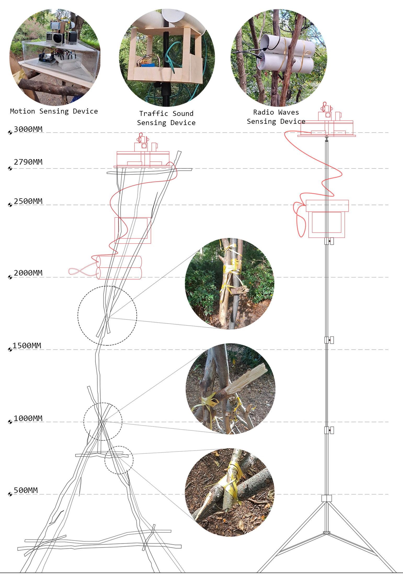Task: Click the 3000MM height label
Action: click(x=28, y=129)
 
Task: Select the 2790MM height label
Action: click(x=28, y=162)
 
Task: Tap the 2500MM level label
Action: click(x=28, y=201)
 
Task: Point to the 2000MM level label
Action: click(x=28, y=273)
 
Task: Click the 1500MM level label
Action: click(x=27, y=346)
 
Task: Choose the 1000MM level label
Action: click(x=28, y=418)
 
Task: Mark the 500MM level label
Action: click(x=26, y=490)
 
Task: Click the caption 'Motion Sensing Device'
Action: click(x=54, y=111)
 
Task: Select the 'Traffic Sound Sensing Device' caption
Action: click(x=166, y=118)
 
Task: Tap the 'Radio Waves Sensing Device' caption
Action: click(x=276, y=117)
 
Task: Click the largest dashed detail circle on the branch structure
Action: click(x=107, y=316)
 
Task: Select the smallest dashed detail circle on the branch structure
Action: click(x=119, y=460)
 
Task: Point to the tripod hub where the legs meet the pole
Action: click(x=326, y=498)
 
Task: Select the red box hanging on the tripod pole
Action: click(x=327, y=219)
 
